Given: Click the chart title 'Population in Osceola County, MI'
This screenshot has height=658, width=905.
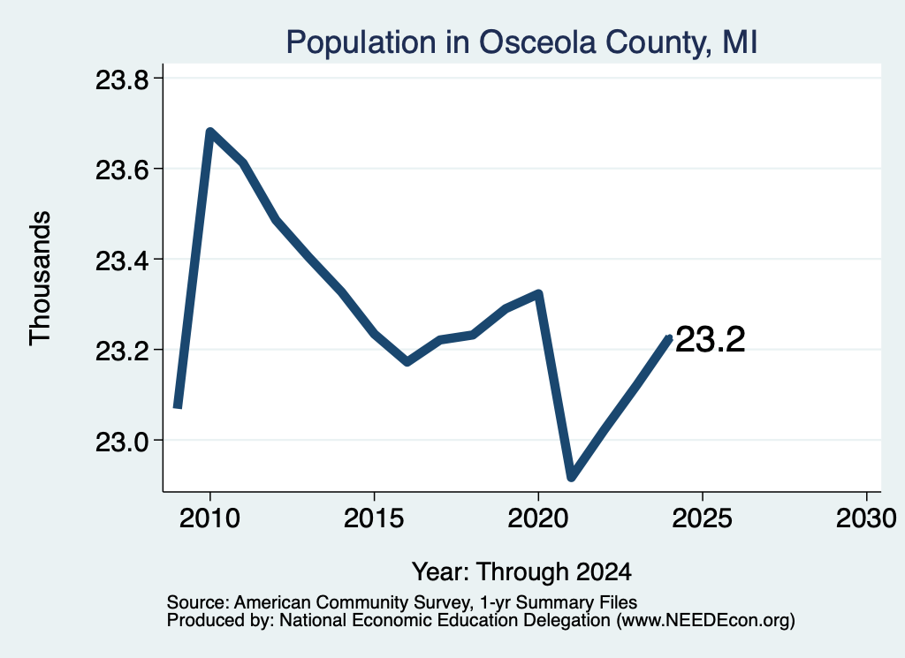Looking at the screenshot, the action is coord(521,42).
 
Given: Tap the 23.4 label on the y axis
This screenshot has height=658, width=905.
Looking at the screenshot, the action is coord(121,261).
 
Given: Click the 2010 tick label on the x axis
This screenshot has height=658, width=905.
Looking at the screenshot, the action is coord(209,518).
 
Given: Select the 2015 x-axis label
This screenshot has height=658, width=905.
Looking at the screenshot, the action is coord(374,518).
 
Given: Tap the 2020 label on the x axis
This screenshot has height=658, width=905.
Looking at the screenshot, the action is coord(538,518).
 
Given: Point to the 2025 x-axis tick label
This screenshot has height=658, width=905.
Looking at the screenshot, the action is coord(703,518).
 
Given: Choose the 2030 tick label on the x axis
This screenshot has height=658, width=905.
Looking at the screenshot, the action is coord(866,518).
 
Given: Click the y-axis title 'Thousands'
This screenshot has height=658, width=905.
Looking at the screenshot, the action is coord(41,278).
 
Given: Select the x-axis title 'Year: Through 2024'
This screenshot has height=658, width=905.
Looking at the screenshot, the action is coord(521,571).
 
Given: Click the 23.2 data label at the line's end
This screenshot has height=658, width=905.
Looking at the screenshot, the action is coord(710,339).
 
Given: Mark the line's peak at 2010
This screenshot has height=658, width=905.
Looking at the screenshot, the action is coord(209,132).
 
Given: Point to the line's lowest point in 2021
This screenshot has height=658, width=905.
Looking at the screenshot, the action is coord(572,477).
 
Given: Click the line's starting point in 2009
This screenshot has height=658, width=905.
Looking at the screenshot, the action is coord(178,406).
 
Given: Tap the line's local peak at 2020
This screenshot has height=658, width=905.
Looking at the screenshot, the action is coord(538,293).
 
